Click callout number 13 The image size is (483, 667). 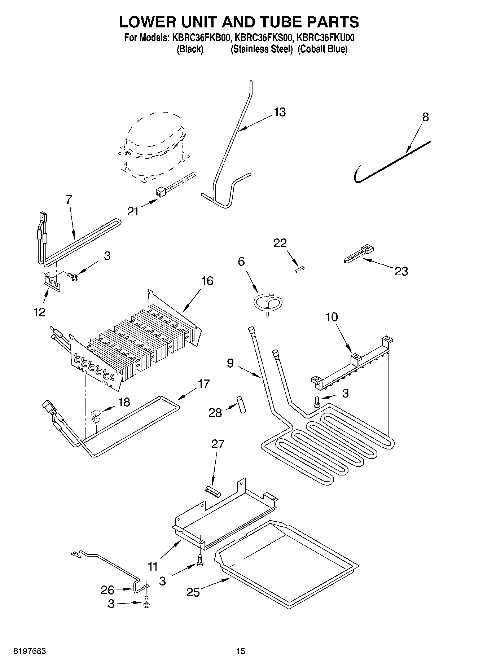280,112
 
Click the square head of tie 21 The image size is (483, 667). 160,192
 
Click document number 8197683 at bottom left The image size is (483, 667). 30,651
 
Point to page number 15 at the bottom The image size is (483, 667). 241,651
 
